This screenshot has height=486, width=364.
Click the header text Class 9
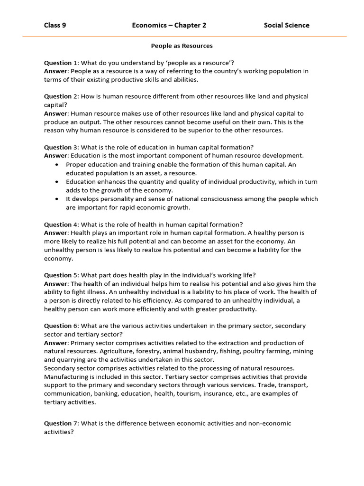[55, 25]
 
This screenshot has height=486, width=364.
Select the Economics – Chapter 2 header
[169, 25]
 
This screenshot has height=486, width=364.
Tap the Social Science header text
[286, 25]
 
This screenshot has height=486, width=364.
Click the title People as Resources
[182, 46]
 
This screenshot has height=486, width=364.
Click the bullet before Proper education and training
[57, 165]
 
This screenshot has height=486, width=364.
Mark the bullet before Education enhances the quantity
[57, 182]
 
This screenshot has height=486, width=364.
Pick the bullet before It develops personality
[57, 199]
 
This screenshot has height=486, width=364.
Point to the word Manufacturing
[65, 377]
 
